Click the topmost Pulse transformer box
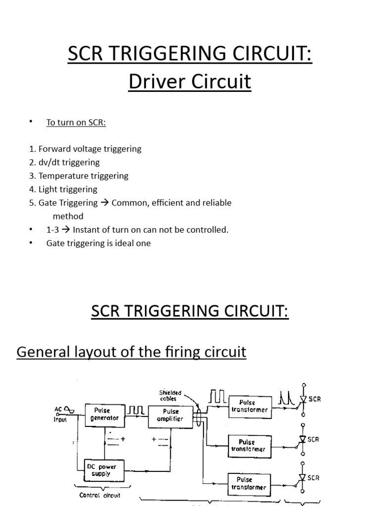250,406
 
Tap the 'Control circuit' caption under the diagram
99,495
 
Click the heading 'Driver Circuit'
190,82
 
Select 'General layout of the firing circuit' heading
131,352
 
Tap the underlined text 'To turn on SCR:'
76,123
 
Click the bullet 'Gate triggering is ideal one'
98,243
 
